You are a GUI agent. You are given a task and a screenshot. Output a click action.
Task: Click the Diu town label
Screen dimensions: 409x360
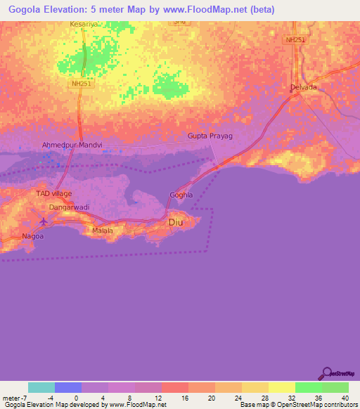coord(176,223)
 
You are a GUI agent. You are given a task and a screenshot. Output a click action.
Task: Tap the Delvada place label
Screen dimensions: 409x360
coord(304,87)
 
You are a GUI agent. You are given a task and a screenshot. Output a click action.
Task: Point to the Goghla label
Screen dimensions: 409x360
coord(180,195)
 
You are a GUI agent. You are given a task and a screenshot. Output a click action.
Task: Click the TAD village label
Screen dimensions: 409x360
coord(54,193)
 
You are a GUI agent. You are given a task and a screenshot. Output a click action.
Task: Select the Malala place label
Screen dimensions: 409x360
coord(103,230)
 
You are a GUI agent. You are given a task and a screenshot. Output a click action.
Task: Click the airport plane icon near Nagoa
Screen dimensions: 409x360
coord(45,222)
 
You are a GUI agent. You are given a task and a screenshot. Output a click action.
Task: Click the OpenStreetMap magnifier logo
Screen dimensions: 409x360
coord(326,372)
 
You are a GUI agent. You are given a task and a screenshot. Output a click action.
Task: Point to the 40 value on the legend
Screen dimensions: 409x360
coord(344,398)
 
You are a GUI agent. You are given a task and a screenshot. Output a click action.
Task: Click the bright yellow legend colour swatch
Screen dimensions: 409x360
coord(282,387)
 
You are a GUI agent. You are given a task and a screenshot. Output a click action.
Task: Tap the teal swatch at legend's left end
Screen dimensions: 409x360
coord(41,387)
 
